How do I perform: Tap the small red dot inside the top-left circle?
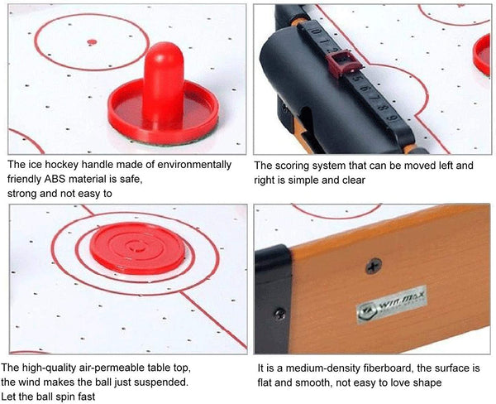(89, 39)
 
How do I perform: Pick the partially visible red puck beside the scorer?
(482, 54)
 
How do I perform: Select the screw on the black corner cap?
(280, 314)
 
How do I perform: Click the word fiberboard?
(383, 367)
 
